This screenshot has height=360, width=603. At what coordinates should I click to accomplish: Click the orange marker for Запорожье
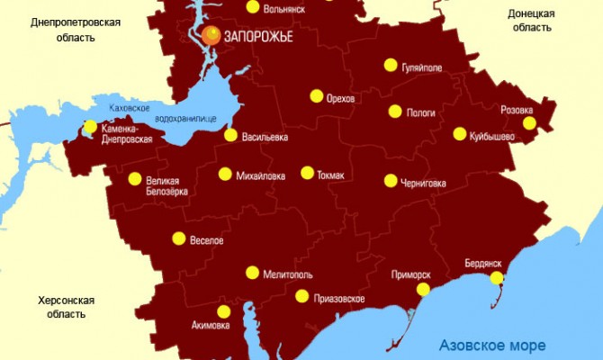(x=211, y=35)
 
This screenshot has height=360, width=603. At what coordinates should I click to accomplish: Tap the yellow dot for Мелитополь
(x=253, y=273)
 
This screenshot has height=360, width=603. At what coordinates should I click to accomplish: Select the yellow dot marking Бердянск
(x=496, y=278)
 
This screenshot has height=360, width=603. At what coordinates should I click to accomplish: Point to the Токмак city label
(x=330, y=175)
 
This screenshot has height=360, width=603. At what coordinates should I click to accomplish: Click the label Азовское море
(x=491, y=345)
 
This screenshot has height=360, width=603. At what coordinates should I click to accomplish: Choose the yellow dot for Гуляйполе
(x=391, y=65)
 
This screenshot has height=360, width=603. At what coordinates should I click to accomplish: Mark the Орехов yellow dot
(x=317, y=96)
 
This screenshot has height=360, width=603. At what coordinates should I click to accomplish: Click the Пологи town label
(x=422, y=113)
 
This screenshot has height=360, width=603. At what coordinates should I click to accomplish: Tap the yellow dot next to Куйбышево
(x=460, y=134)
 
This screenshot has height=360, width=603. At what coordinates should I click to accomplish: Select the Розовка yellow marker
(x=529, y=123)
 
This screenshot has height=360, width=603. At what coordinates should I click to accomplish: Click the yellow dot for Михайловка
(x=225, y=174)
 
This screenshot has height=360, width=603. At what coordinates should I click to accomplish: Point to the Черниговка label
(x=426, y=183)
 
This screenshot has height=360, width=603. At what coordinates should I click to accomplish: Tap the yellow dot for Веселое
(x=178, y=239)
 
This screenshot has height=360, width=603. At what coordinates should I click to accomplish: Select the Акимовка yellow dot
(x=224, y=311)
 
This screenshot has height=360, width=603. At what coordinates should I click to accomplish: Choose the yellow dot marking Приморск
(x=423, y=289)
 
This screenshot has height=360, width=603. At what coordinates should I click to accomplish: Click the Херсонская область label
(x=67, y=307)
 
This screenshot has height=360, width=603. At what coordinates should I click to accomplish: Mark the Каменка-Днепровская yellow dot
(x=90, y=127)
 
